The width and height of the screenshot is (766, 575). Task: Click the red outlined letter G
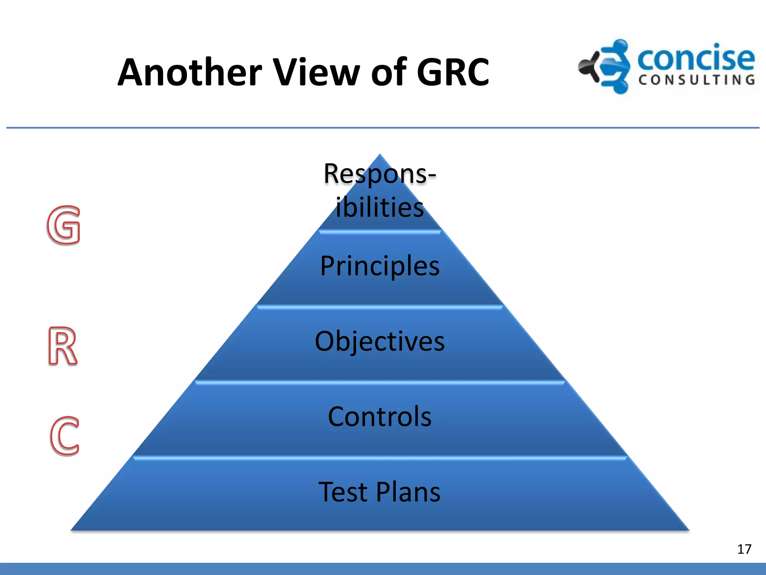(64, 225)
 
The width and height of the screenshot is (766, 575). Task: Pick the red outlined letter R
(62, 346)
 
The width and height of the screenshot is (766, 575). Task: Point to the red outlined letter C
(65, 436)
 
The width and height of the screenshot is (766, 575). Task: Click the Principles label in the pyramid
(380, 266)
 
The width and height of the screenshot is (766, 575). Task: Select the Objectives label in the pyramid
(380, 341)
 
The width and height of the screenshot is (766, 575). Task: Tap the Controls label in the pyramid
(380, 416)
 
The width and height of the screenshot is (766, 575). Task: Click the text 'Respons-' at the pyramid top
(380, 174)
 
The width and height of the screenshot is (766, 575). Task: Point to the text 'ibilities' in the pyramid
(380, 207)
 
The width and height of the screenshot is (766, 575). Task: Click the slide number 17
(744, 549)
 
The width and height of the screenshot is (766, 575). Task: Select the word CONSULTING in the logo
(696, 80)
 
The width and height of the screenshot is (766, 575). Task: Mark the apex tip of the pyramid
(380, 155)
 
